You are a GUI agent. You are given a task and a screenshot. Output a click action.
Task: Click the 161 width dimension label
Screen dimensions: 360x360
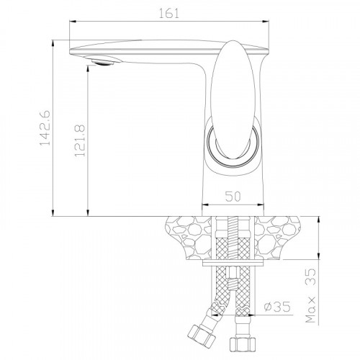pos(169,13)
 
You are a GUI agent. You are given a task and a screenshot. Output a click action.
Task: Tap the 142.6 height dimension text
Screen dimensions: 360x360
pos(45,128)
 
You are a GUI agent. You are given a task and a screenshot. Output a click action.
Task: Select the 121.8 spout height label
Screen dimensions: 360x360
pos(80,140)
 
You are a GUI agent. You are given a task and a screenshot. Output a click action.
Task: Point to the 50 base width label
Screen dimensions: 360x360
pos(233,197)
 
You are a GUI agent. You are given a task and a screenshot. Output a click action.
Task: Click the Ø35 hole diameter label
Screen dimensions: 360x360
pos(277,307)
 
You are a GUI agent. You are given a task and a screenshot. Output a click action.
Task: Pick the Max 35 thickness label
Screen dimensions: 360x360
pos(310,296)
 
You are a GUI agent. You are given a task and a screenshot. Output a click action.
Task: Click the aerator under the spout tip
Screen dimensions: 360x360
pos(103,60)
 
